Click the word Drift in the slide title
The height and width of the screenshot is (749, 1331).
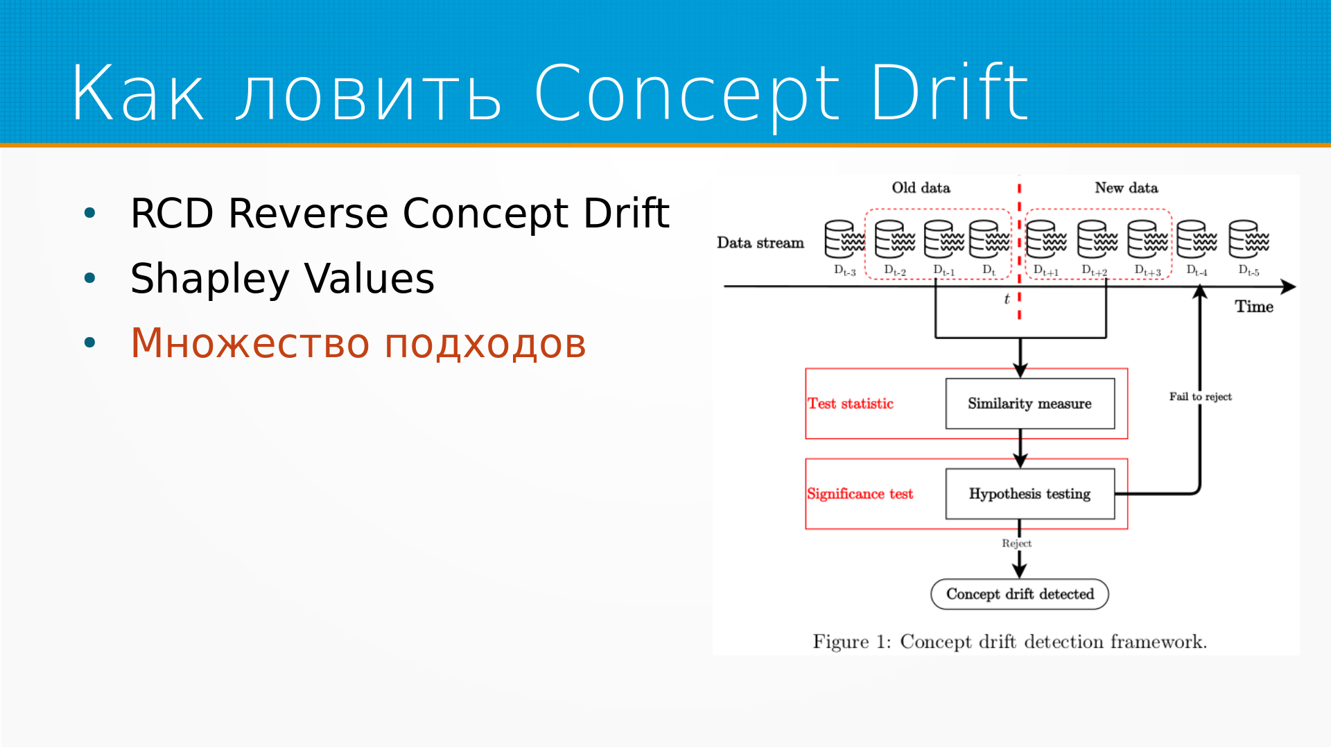click(948, 92)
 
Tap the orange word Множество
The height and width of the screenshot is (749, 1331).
click(250, 343)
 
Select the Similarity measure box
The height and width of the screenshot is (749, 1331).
click(1029, 404)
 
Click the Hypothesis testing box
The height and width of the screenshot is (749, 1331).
click(1029, 494)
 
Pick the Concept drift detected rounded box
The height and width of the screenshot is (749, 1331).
click(1019, 594)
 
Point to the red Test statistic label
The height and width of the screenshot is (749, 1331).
click(851, 404)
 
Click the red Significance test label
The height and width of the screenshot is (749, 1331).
click(860, 494)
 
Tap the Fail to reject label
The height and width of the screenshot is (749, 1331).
click(1200, 397)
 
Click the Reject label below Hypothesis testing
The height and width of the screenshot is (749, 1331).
click(1016, 544)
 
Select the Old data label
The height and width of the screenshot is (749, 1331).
click(921, 188)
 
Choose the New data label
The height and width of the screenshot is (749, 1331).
click(1126, 188)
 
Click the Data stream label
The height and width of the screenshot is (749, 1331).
click(760, 243)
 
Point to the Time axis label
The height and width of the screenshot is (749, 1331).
click(1253, 307)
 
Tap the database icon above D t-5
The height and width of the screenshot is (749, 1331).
click(1248, 239)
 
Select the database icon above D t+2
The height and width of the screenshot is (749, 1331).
click(1097, 239)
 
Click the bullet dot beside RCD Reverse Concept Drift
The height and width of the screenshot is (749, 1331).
click(89, 213)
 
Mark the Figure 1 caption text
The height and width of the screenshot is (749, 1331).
click(1009, 642)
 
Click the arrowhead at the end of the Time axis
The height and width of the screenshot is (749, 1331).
click(1288, 286)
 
